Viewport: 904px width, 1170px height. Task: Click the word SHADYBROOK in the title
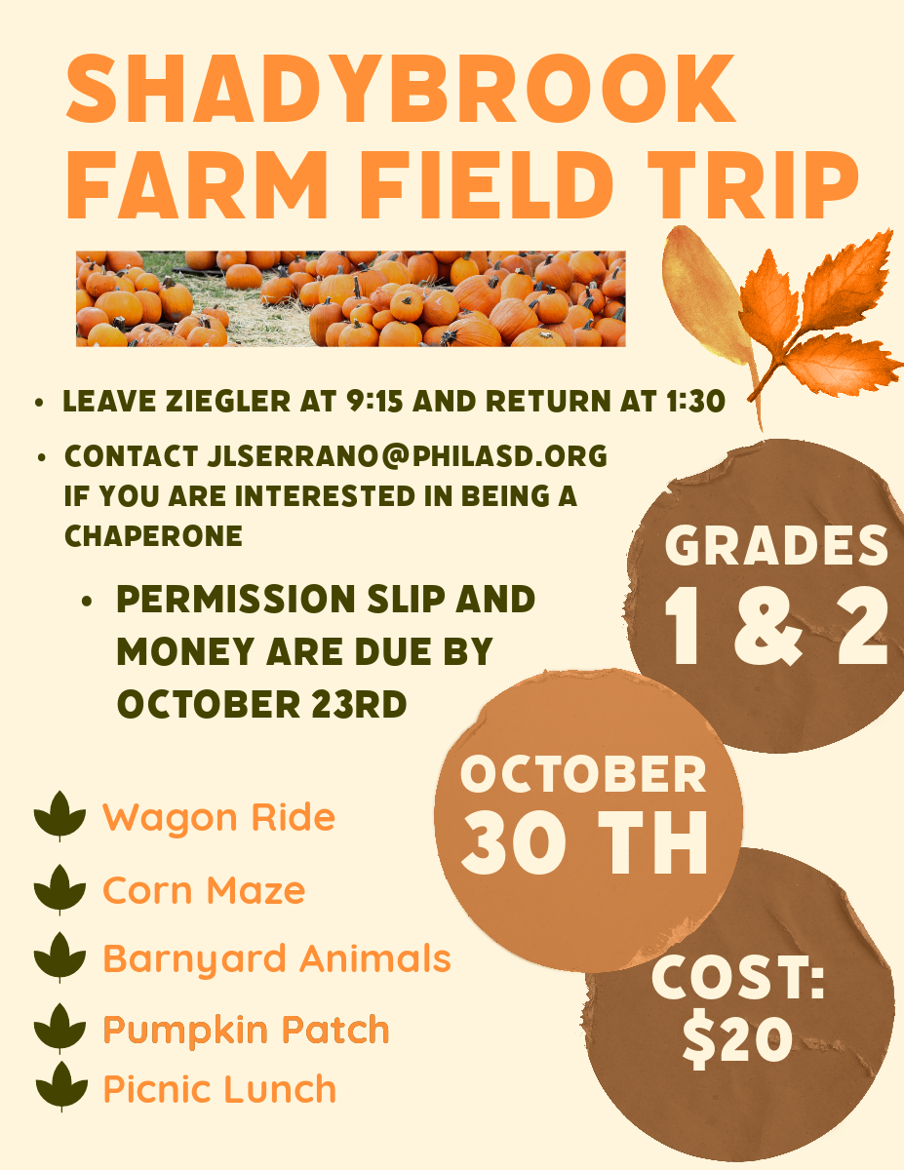401,88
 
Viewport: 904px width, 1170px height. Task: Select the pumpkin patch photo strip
350,298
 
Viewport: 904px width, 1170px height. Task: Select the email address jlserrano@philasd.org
407,456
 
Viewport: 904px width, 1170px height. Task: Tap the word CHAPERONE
153,535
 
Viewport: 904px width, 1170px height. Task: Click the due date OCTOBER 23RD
261,704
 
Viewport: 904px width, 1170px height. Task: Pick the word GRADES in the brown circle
776,545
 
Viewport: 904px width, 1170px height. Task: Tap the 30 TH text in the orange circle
583,842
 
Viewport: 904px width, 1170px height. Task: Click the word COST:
738,977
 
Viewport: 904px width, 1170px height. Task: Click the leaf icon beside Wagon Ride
59,816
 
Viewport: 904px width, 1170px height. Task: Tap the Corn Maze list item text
204,890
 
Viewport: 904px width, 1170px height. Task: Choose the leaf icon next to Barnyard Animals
59,957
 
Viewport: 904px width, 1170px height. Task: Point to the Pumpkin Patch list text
246,1030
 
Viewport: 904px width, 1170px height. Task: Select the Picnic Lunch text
219,1089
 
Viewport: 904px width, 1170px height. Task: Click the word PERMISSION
236,599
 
